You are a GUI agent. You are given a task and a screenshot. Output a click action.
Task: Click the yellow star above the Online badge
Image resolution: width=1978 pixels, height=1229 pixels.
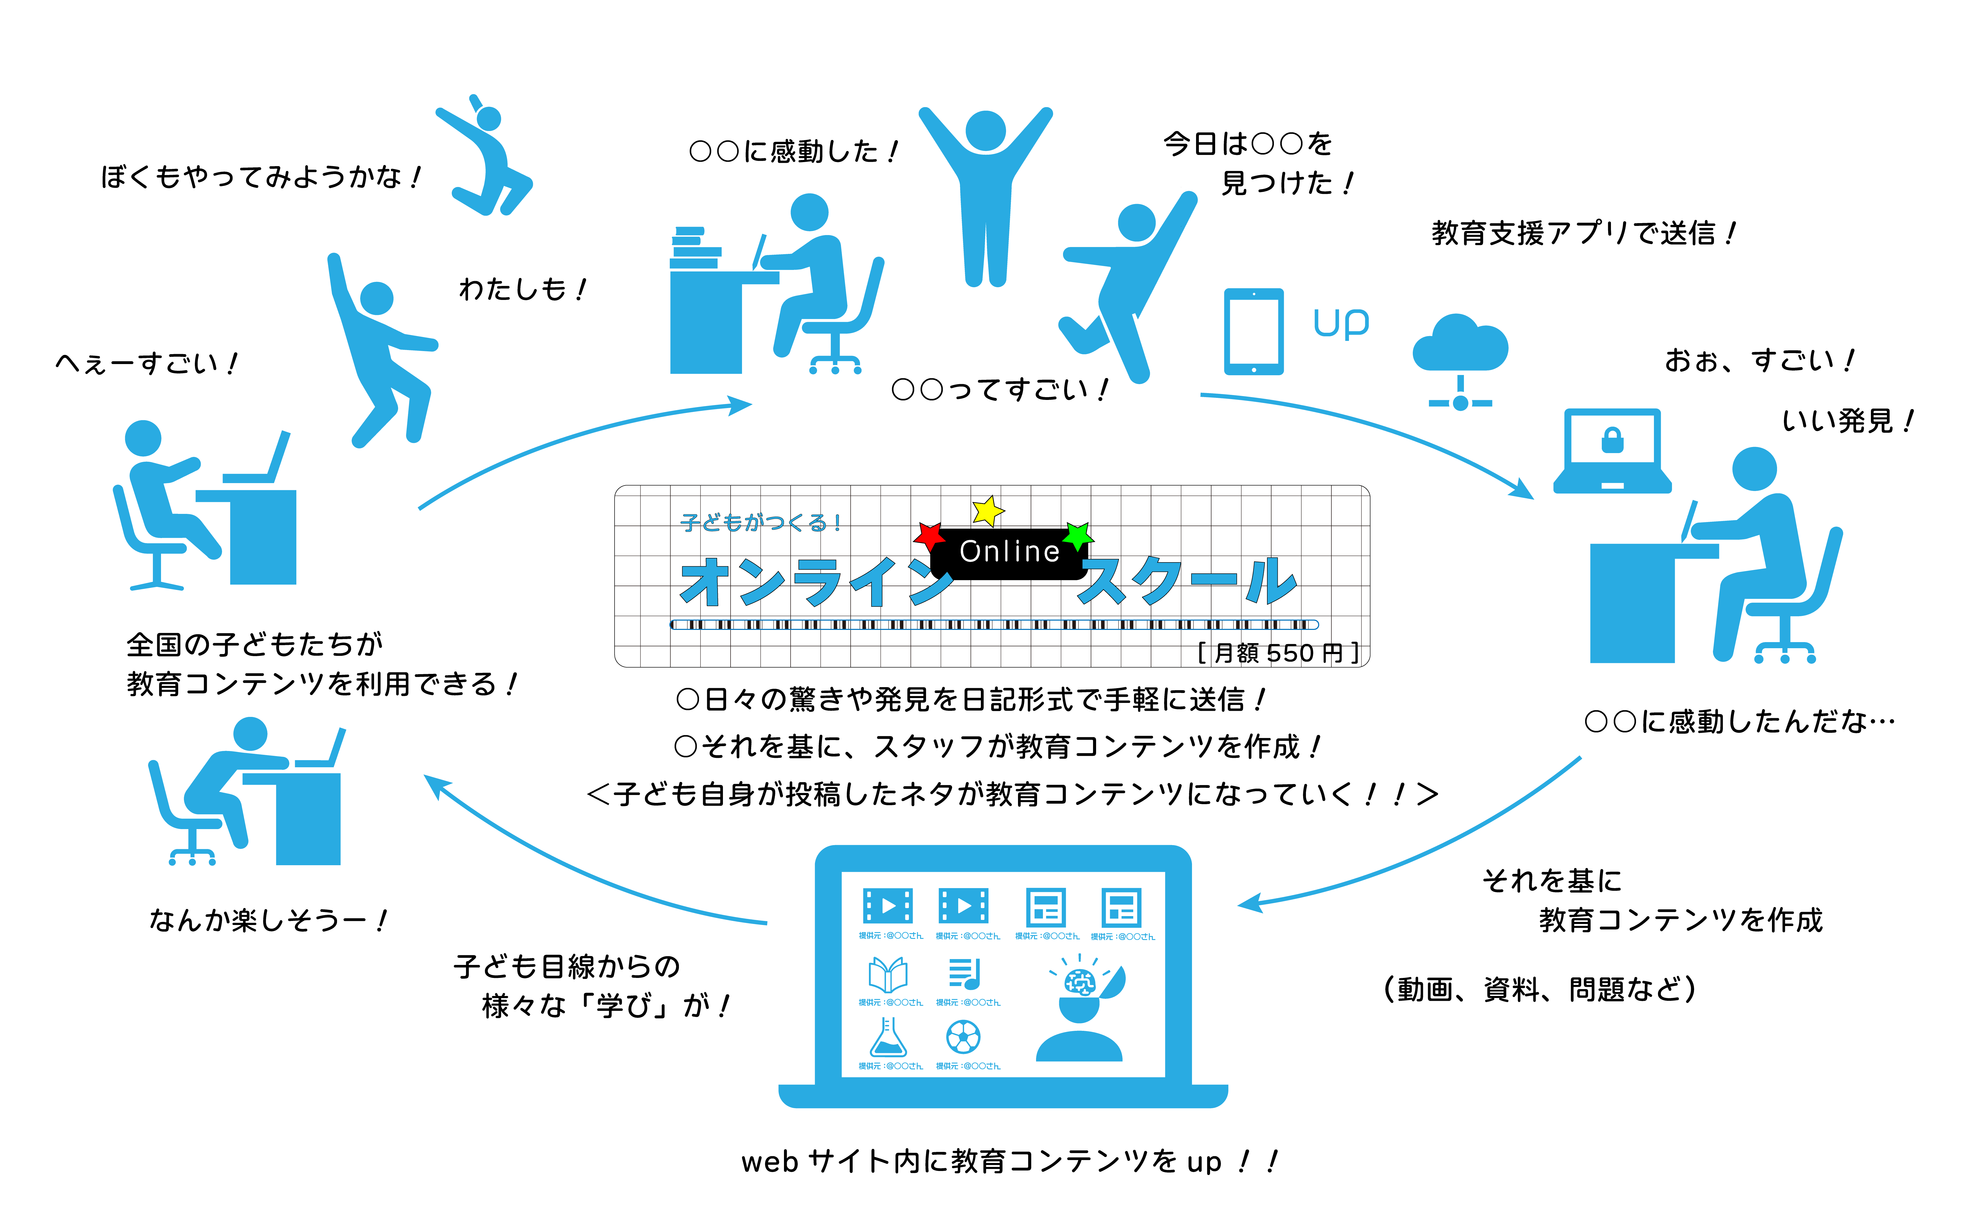tap(987, 511)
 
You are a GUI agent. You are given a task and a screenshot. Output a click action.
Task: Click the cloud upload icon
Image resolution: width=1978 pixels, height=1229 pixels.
tap(1460, 358)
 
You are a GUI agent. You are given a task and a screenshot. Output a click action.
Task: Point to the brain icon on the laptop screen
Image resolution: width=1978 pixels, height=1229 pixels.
tap(1079, 984)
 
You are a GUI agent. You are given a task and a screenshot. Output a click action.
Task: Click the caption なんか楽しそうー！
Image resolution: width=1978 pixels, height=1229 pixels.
tap(268, 920)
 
